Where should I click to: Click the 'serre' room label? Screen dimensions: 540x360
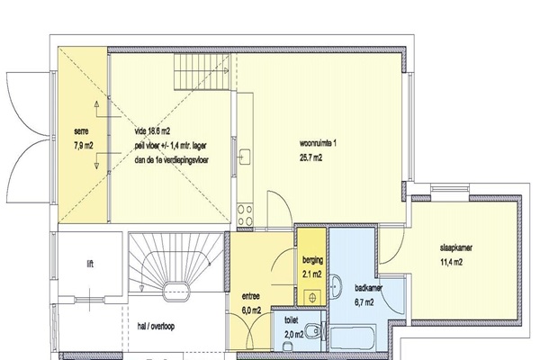pyautogui.click(x=81, y=131)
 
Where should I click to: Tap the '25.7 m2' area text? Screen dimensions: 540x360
pyautogui.click(x=311, y=157)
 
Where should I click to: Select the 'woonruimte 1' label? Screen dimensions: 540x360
pyautogui.click(x=318, y=143)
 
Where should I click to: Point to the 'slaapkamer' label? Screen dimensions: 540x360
pyautogui.click(x=456, y=247)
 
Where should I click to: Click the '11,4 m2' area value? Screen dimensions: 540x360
pyautogui.click(x=451, y=262)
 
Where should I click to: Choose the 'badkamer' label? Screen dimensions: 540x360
pyautogui.click(x=368, y=288)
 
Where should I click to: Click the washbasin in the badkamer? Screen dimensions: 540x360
pyautogui.click(x=336, y=286)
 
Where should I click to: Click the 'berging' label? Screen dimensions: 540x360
pyautogui.click(x=312, y=260)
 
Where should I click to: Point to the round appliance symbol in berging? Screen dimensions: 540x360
pyautogui.click(x=312, y=298)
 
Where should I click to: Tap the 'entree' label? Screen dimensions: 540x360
pyautogui.click(x=251, y=296)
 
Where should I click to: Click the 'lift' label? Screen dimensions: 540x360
pyautogui.click(x=90, y=265)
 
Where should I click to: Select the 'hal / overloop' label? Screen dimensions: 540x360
pyautogui.click(x=156, y=326)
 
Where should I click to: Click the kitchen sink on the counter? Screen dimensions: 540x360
pyautogui.click(x=245, y=157)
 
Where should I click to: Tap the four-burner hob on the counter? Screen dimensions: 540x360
pyautogui.click(x=245, y=215)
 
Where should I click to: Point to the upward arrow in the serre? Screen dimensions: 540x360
pyautogui.click(x=97, y=110)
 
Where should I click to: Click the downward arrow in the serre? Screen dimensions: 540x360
pyautogui.click(x=97, y=161)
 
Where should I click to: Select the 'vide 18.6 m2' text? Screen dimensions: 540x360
pyautogui.click(x=152, y=130)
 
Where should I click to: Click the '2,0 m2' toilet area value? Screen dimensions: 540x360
pyautogui.click(x=294, y=334)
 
